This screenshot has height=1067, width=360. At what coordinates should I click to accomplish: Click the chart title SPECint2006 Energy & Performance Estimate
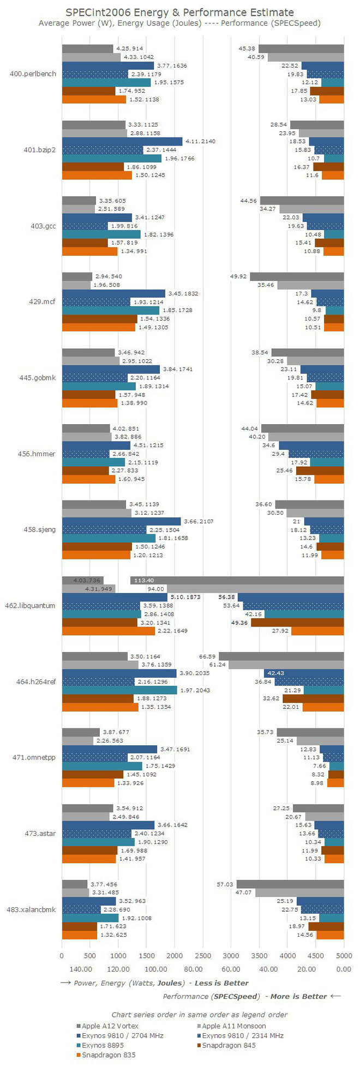pyautogui.click(x=179, y=13)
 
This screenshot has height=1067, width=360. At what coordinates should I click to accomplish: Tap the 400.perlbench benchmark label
pyautogui.click(x=33, y=74)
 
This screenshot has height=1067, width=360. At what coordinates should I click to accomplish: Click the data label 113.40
pyautogui.click(x=143, y=580)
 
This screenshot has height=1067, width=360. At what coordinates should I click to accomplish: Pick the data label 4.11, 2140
pyautogui.click(x=200, y=141)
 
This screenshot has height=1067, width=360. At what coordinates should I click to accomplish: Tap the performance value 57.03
pyautogui.click(x=225, y=884)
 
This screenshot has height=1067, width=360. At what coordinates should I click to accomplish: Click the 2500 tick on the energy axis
pyautogui.click(x=203, y=955)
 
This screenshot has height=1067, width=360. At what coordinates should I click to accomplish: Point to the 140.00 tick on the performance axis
pyautogui.click(x=80, y=969)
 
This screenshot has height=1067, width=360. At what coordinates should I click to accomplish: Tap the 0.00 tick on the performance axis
pyautogui.click(x=344, y=969)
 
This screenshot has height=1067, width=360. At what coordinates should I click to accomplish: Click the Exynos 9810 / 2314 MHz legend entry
pyautogui.click(x=242, y=1035)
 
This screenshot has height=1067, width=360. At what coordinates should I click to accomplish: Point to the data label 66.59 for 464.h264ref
pyautogui.click(x=207, y=656)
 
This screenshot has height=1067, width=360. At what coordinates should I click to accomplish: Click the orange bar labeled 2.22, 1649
pyautogui.click(x=108, y=631)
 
